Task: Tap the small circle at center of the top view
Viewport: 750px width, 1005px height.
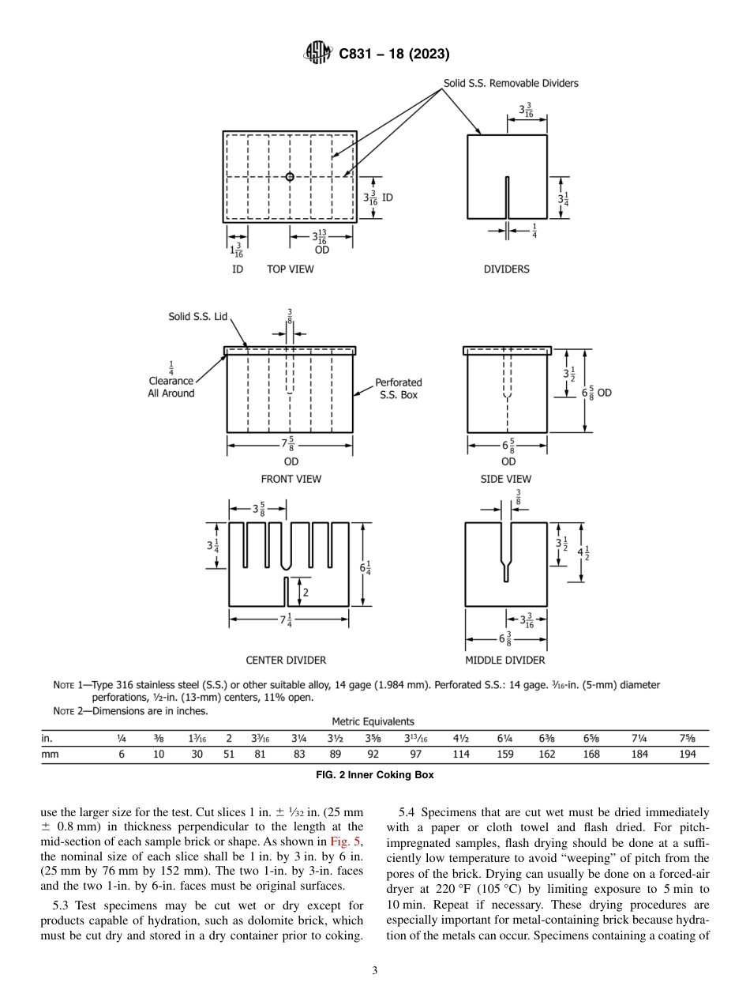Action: coord(290,177)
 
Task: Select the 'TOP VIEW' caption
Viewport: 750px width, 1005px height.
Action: coord(290,269)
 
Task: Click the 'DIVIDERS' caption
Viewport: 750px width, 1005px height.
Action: coord(506,269)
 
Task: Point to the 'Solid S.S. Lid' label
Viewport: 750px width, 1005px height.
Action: coord(197,317)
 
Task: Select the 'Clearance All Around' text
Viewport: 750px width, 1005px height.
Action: coord(171,387)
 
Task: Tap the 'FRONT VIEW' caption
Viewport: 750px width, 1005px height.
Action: coord(291,479)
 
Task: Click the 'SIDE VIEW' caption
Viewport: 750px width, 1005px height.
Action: coord(506,479)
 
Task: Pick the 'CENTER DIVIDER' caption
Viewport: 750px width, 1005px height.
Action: coord(286,660)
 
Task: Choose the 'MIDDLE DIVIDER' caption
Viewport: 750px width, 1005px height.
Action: coord(505,660)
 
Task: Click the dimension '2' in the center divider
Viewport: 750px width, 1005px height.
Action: coord(306,592)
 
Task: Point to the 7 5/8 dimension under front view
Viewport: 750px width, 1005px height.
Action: coord(290,445)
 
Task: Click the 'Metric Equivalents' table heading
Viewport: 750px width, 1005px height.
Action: coord(373,721)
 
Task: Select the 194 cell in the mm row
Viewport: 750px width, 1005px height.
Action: coord(688,755)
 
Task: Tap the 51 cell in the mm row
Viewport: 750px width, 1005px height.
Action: coord(228,755)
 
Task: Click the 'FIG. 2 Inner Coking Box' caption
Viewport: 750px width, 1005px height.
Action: coord(374,775)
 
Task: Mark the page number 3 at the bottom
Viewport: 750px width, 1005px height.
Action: coord(374,971)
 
